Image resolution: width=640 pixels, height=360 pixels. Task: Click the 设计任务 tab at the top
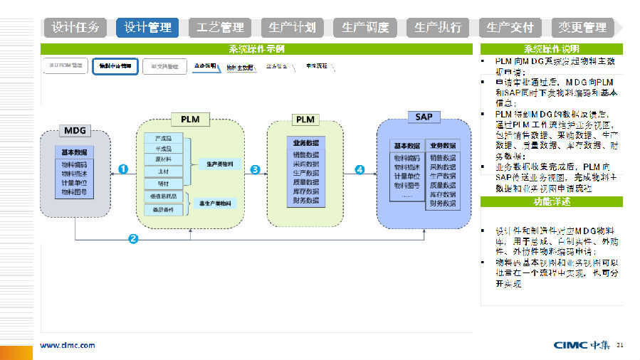pyautogui.click(x=76, y=28)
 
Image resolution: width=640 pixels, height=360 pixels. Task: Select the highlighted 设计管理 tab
pyautogui.click(x=148, y=28)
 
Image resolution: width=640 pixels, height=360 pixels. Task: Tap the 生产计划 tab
pyautogui.click(x=293, y=28)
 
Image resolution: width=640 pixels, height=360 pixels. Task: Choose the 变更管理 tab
pyautogui.click(x=582, y=28)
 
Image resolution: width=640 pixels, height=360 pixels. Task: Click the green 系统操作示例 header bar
pyautogui.click(x=256, y=49)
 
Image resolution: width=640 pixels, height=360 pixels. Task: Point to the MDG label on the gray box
pyautogui.click(x=75, y=131)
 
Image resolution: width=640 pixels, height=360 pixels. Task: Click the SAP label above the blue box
pyautogui.click(x=424, y=116)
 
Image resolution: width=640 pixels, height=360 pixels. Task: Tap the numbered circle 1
pyautogui.click(x=123, y=169)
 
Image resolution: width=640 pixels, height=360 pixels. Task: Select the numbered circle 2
pyautogui.click(x=133, y=238)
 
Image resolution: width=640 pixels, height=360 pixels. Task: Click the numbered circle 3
pyautogui.click(x=255, y=169)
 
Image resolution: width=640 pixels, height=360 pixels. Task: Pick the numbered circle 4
pyautogui.click(x=360, y=169)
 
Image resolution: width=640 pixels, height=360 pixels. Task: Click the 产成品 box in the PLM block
pyautogui.click(x=163, y=137)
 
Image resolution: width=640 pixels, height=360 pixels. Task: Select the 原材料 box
pyautogui.click(x=163, y=159)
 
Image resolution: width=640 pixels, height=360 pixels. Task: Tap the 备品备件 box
pyautogui.click(x=163, y=209)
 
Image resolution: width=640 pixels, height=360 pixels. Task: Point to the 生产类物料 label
pyautogui.click(x=219, y=164)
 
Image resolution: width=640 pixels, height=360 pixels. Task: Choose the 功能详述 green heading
pyautogui.click(x=552, y=201)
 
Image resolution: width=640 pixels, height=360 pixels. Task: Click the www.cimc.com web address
pyautogui.click(x=67, y=345)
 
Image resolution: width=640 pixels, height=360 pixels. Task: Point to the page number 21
pyautogui.click(x=620, y=345)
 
